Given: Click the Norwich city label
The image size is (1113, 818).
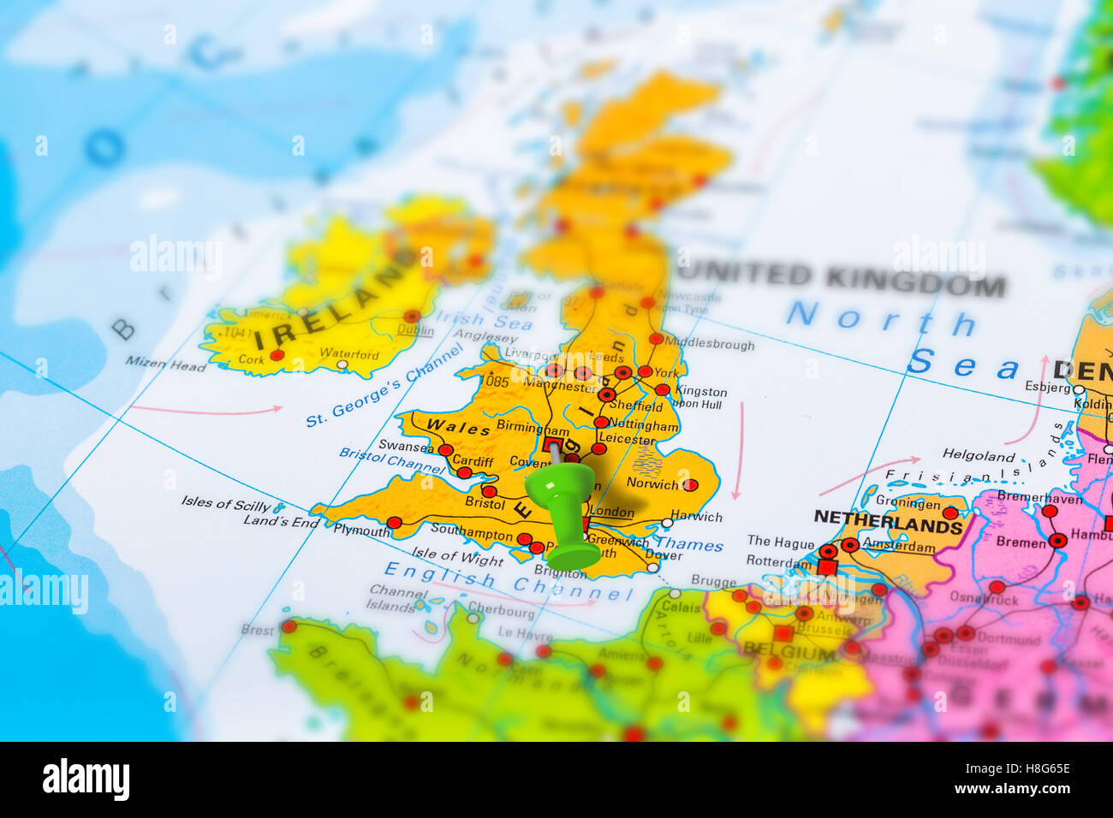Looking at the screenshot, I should (652, 483).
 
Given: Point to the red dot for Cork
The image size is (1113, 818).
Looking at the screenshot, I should (277, 355).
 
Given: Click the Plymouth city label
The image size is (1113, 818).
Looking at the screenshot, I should (361, 531).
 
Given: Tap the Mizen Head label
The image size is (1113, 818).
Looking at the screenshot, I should (166, 364).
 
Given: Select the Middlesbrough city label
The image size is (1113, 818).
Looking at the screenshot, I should (710, 344).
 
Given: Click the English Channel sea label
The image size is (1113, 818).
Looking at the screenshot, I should (509, 580).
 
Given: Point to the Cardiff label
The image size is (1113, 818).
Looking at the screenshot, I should (473, 461).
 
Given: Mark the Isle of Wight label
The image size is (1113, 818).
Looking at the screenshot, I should (457, 556).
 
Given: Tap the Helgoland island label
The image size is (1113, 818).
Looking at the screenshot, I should (978, 454).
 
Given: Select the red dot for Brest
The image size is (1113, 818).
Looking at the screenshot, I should (289, 627).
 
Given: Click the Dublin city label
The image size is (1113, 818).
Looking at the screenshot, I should (415, 330).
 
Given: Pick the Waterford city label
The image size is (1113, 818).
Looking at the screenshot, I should (349, 353).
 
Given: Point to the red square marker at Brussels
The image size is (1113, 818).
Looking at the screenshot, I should (783, 634).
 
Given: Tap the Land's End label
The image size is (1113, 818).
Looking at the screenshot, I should (281, 520).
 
